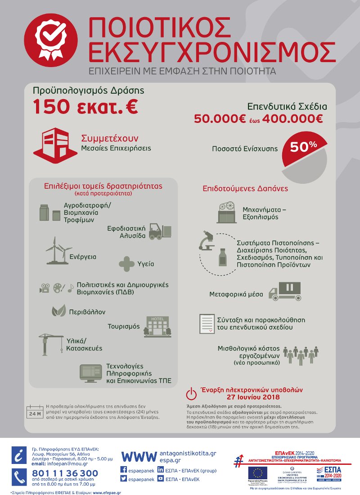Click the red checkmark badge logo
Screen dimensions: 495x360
(x=48, y=41)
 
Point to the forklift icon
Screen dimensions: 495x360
(x=160, y=231)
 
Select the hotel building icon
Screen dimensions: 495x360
(x=155, y=327)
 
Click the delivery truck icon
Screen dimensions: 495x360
(x=284, y=291)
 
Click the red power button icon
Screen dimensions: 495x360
(x=191, y=393)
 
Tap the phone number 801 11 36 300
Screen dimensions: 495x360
(x=65, y=473)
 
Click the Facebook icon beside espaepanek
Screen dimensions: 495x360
(x=125, y=469)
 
